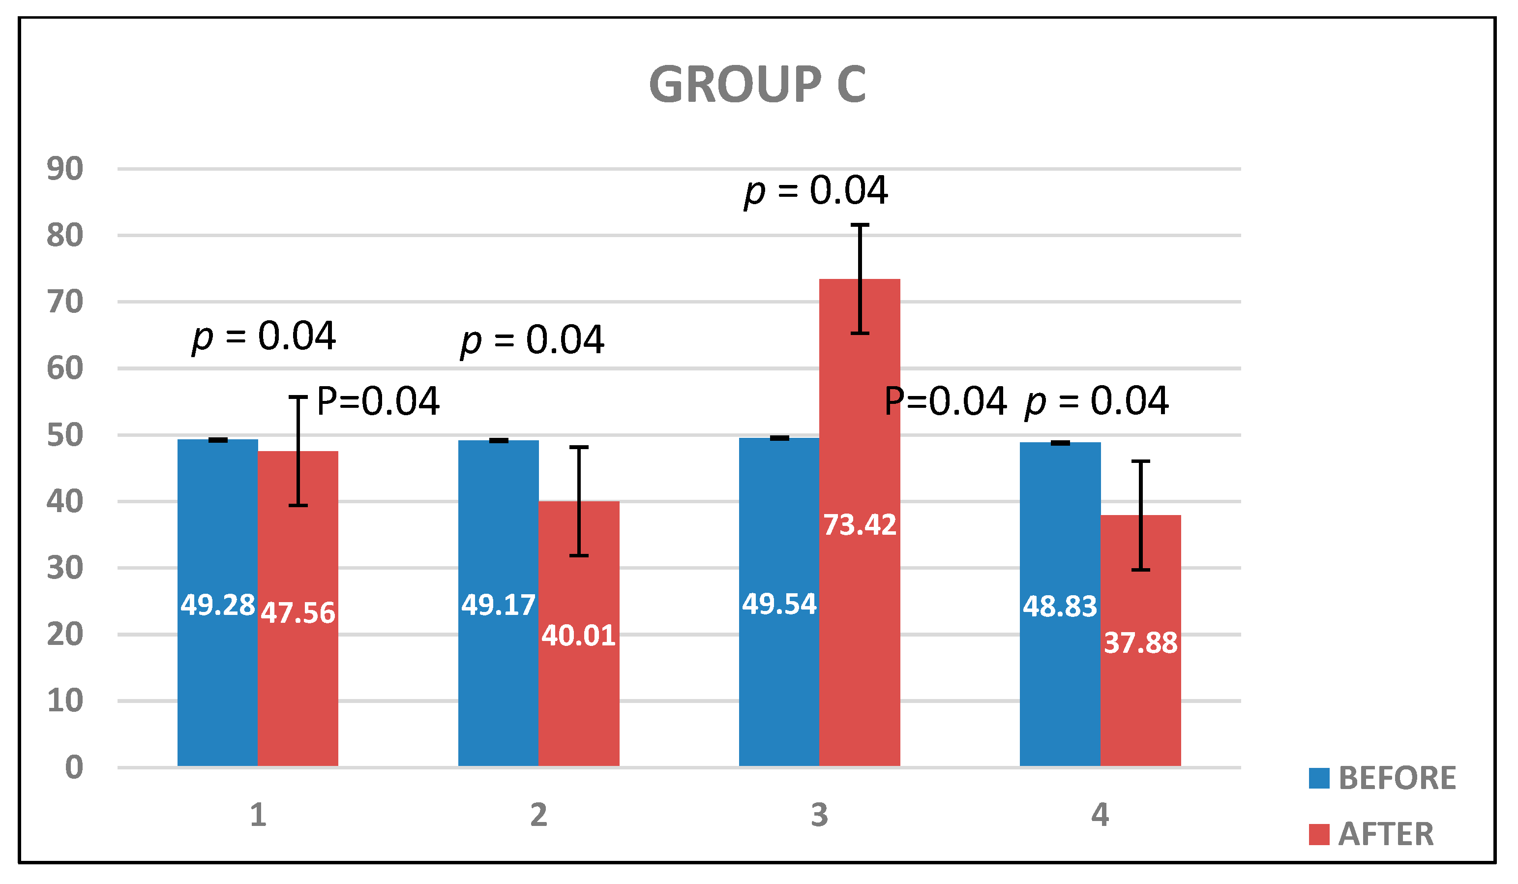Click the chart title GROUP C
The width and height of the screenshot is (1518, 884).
757,85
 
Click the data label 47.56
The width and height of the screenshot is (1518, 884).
298,613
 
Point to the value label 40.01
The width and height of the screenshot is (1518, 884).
578,636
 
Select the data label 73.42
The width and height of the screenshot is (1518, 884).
860,525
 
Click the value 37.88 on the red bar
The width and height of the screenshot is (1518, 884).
1140,643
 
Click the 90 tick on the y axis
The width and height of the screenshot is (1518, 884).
65,169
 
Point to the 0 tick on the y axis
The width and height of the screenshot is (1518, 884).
73,768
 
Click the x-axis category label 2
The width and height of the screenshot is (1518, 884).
538,815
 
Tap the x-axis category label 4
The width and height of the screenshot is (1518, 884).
1100,815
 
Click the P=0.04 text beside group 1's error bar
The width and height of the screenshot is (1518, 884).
378,401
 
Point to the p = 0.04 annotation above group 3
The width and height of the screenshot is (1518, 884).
816,190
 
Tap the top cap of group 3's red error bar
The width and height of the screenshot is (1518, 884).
860,225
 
